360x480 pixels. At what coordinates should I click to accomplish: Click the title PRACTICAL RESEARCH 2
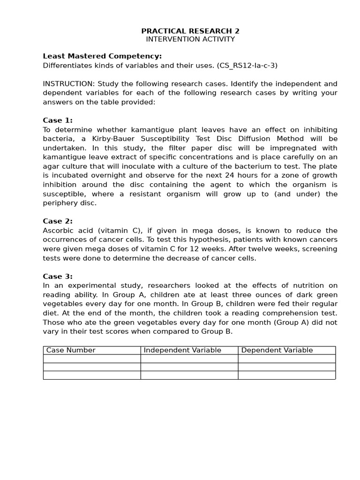coord(190,31)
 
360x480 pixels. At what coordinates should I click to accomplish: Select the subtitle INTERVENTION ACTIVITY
coord(190,39)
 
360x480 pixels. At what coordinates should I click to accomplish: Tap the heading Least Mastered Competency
coord(102,56)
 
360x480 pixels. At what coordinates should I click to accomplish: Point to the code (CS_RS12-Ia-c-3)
coord(247,66)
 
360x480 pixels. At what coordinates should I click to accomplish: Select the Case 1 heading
coord(58,120)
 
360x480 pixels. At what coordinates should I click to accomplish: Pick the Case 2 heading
coord(58,221)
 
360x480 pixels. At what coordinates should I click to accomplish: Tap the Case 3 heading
coord(58,277)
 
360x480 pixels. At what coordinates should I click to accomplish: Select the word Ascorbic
coord(58,231)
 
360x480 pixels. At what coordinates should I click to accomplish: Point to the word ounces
coord(240,295)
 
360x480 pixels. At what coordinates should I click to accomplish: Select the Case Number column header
coord(71,350)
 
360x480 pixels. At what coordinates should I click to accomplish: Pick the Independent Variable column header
coord(182,350)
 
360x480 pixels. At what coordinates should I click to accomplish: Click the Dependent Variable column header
coord(277,350)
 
